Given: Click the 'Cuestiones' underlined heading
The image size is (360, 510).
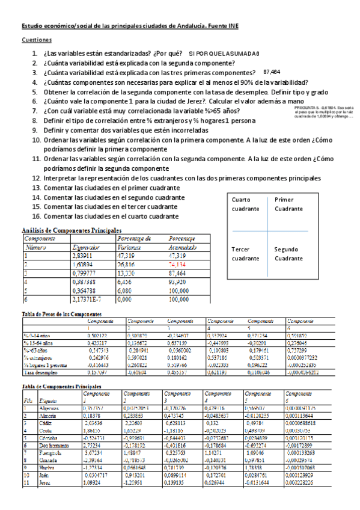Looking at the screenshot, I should [37, 40].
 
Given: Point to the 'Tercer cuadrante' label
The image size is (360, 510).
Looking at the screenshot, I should [245, 253].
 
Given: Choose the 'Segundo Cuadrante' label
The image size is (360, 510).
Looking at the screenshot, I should [289, 253].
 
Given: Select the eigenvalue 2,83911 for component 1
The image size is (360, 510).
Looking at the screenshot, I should [85, 255].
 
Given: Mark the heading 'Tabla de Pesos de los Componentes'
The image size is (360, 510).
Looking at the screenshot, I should [61, 314].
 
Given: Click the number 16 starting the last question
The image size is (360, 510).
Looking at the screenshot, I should [35, 217].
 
